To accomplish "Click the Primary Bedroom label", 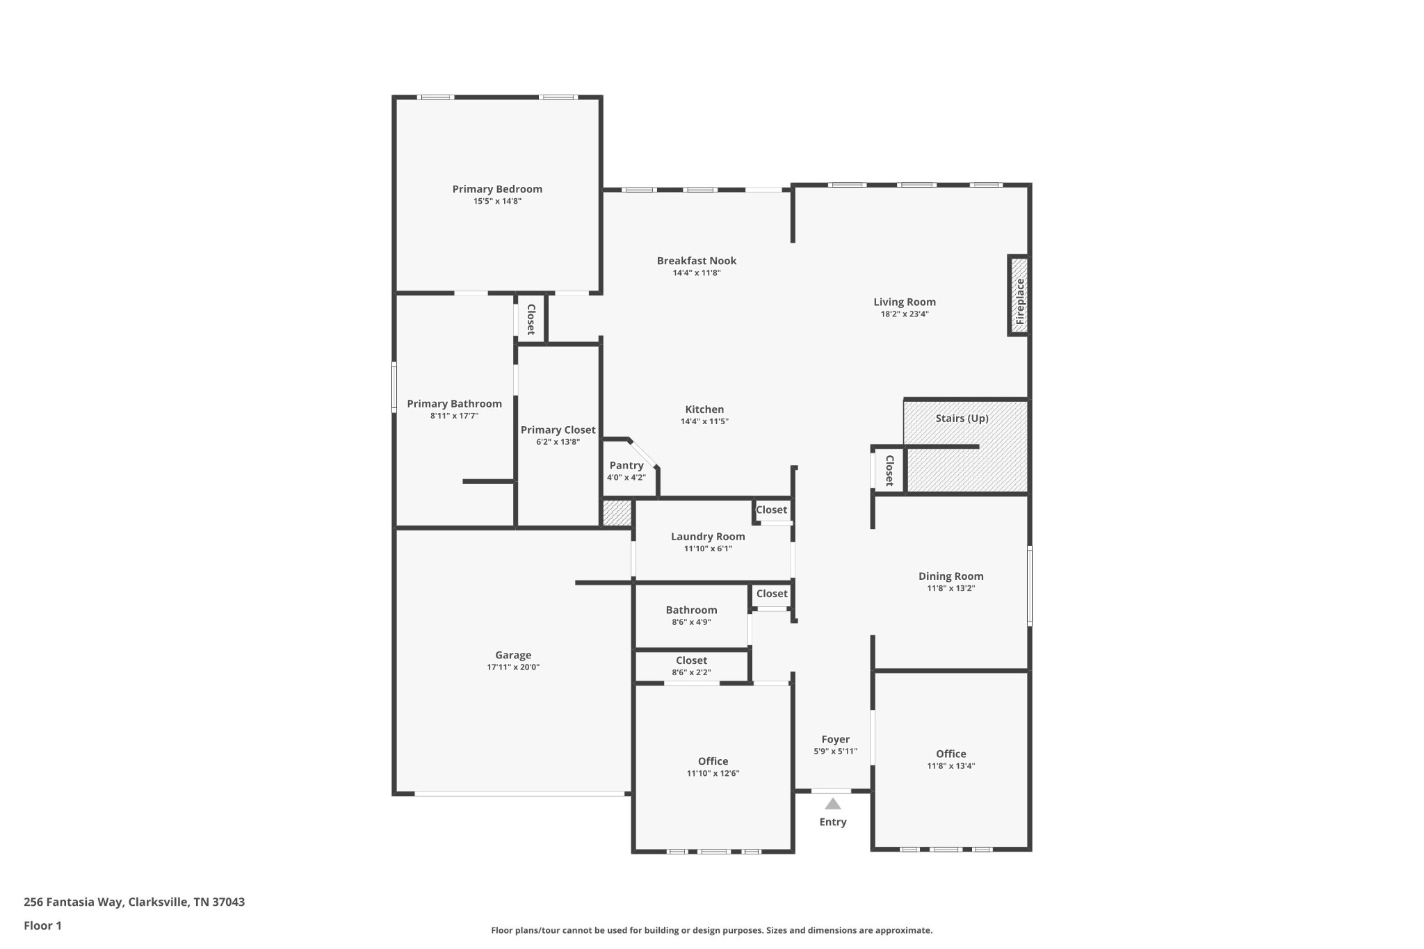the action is pos(497,189).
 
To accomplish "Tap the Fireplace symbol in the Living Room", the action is pos(1019,296).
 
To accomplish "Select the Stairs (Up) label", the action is pos(962,419).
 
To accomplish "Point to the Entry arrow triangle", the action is pos(833,804).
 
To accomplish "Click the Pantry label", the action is pos(626,466).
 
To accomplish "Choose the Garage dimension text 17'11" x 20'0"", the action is pos(513,667).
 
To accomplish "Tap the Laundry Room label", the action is pos(708,537).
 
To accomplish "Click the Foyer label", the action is pos(836,740).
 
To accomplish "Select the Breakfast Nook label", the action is pos(697,261).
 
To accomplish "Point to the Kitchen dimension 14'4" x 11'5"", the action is pos(704,421).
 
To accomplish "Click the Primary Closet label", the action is pos(558,430).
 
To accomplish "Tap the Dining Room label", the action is pos(951,576).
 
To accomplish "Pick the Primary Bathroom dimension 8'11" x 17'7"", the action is pos(454,416).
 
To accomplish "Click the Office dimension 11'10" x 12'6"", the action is pos(713,773).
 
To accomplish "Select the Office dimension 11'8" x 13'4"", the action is pos(951,766).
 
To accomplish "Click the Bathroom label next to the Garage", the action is pos(691,610).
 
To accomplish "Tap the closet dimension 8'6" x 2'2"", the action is pos(691,672).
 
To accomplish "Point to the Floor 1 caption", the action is pos(42,926).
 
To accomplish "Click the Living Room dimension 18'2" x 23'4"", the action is pos(905,314).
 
